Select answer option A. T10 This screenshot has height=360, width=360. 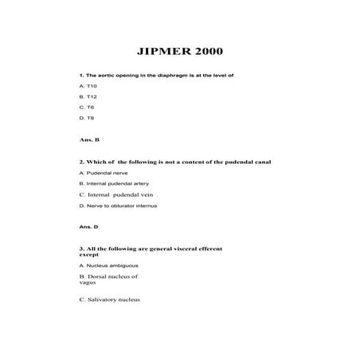[88, 84]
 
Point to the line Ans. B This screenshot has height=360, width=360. [89, 139]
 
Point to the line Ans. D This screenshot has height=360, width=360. [88, 227]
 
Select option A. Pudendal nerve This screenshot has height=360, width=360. [104, 173]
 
